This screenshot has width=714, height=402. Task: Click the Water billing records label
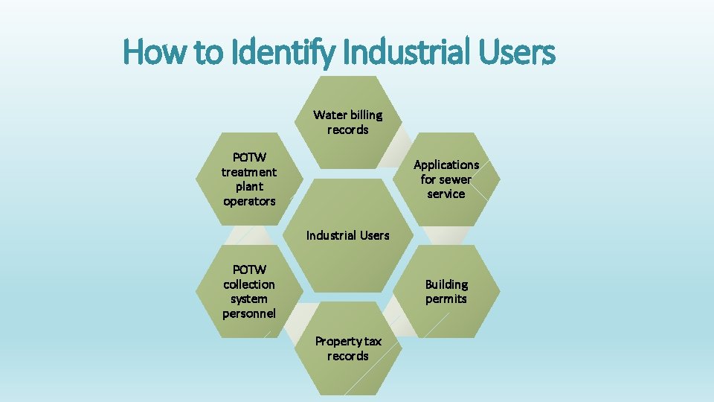[x=348, y=122]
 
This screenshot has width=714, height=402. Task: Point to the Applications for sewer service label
[x=446, y=179]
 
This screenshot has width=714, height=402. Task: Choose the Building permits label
[x=446, y=292]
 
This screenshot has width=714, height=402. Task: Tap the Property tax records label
[x=348, y=348]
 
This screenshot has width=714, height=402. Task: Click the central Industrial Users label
[x=348, y=235]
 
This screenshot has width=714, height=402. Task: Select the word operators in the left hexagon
[x=249, y=201]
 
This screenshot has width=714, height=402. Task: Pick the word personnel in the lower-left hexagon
[x=249, y=313]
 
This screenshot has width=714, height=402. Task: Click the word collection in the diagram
[x=249, y=284]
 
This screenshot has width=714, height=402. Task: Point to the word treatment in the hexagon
[x=249, y=172]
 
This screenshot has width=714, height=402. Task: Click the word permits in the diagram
[x=446, y=299]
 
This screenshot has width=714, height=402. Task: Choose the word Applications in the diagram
[x=446, y=165]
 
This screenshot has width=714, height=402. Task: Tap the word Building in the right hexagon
[x=446, y=284]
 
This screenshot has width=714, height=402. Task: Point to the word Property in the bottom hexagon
[x=338, y=342]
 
